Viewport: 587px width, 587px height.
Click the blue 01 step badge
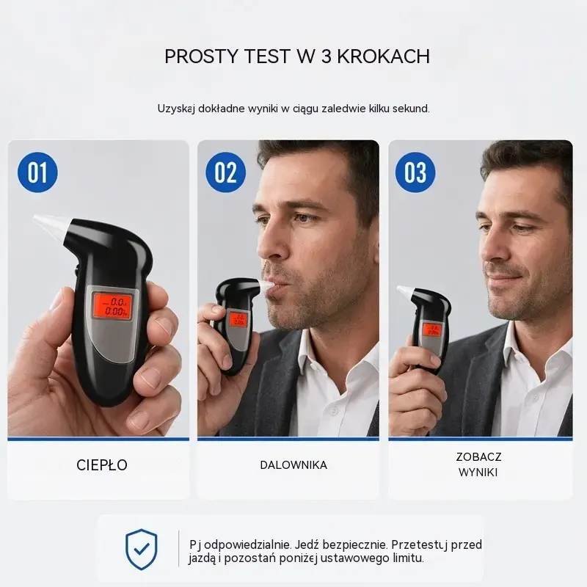click(x=38, y=172)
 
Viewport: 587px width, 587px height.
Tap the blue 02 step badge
click(x=226, y=172)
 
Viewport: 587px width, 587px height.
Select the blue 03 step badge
click(x=415, y=172)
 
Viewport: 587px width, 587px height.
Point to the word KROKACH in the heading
click(x=383, y=56)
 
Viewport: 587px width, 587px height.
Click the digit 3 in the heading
click(x=326, y=56)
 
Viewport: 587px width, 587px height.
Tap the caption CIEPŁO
click(x=102, y=465)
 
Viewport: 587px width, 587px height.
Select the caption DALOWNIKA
click(x=293, y=465)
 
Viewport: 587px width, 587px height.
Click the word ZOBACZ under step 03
click(x=478, y=456)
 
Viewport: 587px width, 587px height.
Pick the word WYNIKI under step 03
click(x=478, y=473)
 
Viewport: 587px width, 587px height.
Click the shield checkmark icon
click(x=141, y=549)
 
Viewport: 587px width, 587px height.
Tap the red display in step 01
click(x=112, y=306)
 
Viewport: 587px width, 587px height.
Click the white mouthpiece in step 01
click(x=51, y=226)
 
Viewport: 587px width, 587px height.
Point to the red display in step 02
click(x=238, y=318)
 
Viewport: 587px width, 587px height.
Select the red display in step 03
click(x=432, y=329)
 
